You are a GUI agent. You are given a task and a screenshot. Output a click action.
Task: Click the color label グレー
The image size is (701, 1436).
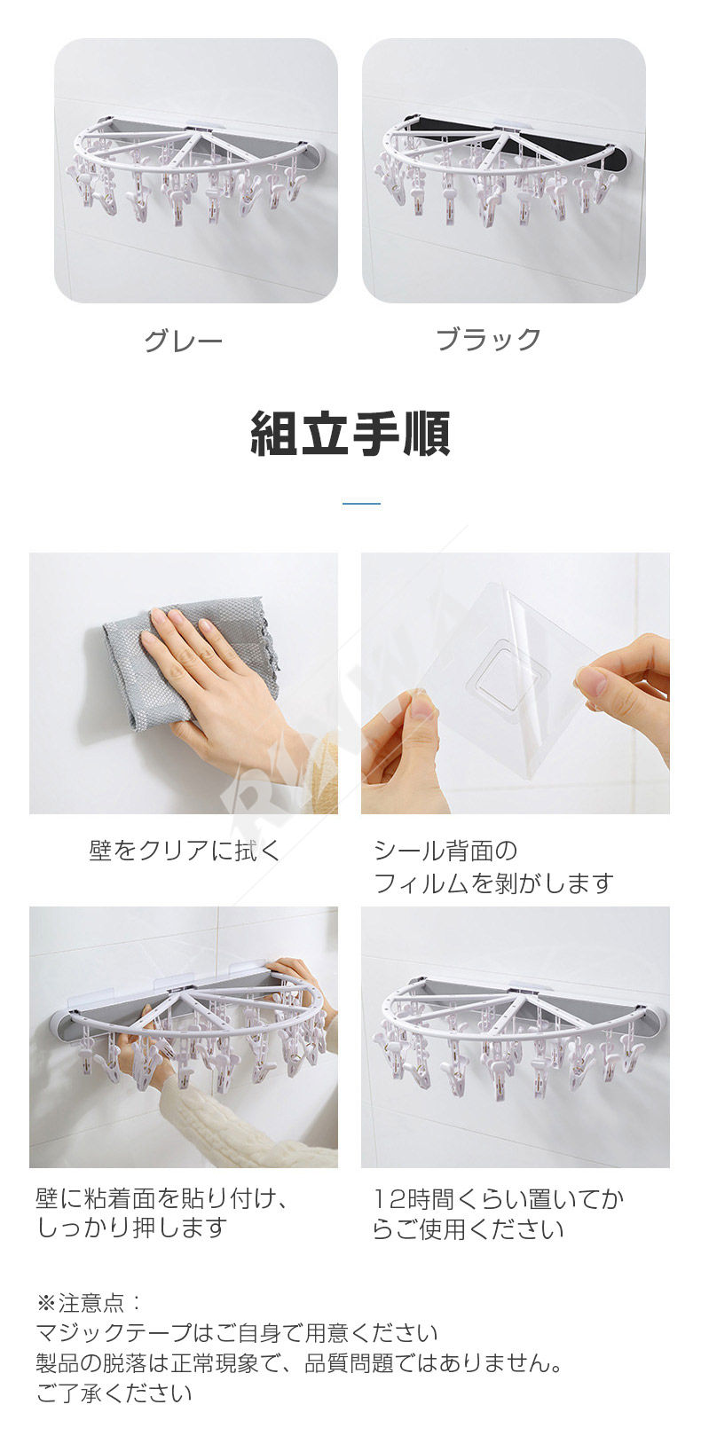coord(184,340)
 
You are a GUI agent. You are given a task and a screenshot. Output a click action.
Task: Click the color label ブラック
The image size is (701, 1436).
coord(489,339)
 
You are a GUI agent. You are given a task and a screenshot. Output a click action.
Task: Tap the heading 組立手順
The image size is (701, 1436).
coord(350,434)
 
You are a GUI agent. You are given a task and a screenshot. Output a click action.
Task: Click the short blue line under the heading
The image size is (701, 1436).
coord(361,504)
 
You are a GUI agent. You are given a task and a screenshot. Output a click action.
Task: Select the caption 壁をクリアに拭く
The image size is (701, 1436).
coord(185,851)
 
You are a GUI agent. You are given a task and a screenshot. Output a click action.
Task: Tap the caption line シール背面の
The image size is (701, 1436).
coord(445,851)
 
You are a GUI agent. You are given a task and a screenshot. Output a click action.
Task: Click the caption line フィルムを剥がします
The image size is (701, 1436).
coord(493,883)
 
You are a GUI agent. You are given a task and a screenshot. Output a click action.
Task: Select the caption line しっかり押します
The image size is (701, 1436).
coord(132,1228)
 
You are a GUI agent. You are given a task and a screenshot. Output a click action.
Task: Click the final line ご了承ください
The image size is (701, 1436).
coord(114,1390)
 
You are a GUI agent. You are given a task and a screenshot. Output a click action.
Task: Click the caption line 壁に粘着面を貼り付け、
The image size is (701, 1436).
coord(161,1197)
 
